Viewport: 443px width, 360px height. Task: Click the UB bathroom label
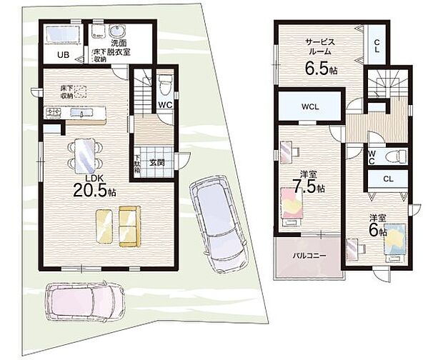63,55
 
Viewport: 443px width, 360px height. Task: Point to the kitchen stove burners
53,111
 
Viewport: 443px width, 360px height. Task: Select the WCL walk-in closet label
309,107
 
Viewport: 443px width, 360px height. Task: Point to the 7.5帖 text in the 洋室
311,188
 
